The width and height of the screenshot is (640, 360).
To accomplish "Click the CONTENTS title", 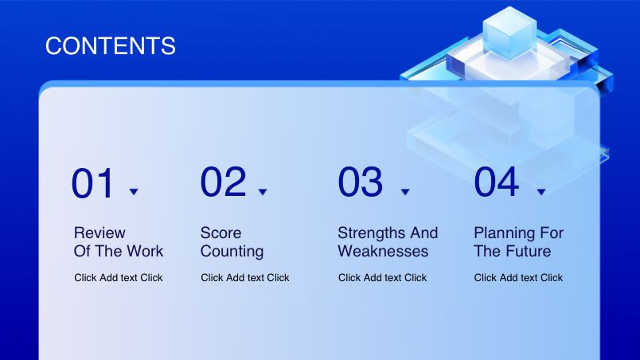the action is tap(110, 45).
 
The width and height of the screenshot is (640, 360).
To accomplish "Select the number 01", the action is tap(92, 184).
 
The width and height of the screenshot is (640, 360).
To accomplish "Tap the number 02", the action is tap(223, 182).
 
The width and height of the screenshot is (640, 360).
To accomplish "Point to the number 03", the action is tap(361, 182).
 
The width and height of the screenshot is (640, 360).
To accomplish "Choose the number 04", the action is tap(497, 182).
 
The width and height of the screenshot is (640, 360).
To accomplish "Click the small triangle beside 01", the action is tap(134, 191).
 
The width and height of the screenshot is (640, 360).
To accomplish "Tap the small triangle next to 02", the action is tap(263, 191).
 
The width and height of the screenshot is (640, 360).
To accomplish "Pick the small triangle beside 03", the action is tap(405, 191).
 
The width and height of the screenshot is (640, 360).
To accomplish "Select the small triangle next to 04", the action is tap(541, 191).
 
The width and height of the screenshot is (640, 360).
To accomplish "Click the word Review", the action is tap(100, 233).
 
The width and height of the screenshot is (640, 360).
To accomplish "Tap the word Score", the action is tap(220, 233).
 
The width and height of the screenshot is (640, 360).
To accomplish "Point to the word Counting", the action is tap(232, 252).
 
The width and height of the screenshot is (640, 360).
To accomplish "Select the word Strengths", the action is tap(372, 233).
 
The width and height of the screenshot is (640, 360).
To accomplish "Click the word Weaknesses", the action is tap(383, 252).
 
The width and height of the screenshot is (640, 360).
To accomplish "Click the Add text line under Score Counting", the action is tap(245, 277).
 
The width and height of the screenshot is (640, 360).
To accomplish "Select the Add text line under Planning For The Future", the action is tap(518, 277).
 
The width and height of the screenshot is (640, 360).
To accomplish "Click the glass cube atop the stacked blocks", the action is tap(509, 33).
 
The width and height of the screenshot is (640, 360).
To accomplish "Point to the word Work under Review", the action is tap(145, 252).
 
